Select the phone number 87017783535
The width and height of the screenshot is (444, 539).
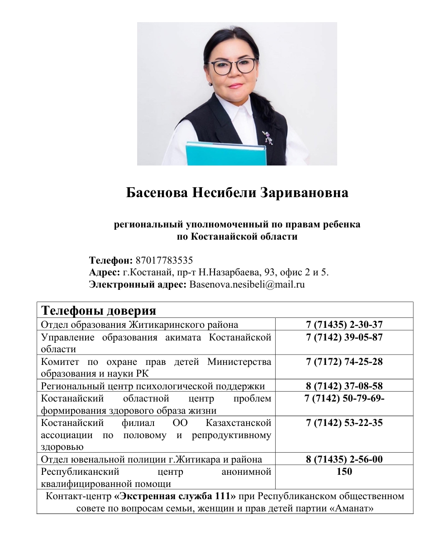point(164,260)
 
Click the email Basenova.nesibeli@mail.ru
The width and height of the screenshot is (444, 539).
point(247,285)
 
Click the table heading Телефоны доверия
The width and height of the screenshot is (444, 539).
point(99,311)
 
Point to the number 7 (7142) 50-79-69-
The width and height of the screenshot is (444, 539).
point(345,398)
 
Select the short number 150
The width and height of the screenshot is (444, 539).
point(344,472)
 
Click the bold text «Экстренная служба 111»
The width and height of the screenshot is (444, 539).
point(175,496)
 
